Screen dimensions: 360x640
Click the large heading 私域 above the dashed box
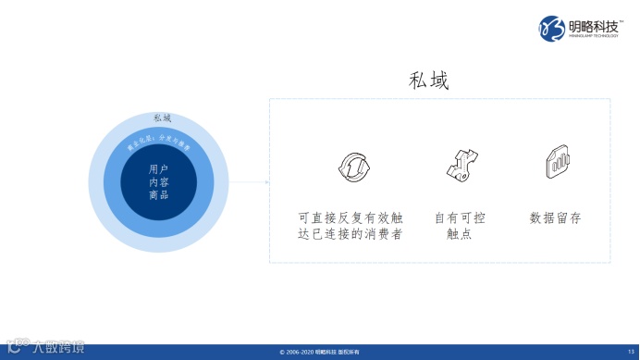click(428, 81)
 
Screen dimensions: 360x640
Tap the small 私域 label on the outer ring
click(162, 118)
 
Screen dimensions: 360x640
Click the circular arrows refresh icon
click(353, 167)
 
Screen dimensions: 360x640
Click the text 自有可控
click(460, 218)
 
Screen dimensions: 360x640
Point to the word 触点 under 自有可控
click(460, 235)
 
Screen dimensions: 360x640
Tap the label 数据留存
click(555, 218)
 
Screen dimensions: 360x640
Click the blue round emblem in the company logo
click(552, 27)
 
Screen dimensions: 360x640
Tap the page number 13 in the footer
click(630, 353)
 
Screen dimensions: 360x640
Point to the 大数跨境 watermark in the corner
click(46, 348)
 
